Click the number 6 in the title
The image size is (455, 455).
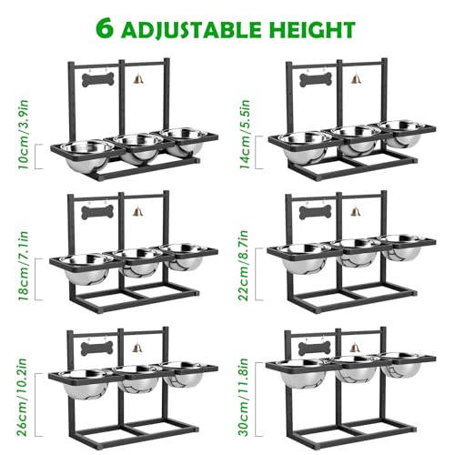click(x=106, y=28)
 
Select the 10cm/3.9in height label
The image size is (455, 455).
click(x=24, y=135)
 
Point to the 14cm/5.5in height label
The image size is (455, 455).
click(x=244, y=134)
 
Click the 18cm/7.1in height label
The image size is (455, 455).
click(x=24, y=266)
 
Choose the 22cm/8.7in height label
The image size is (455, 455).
click(x=244, y=266)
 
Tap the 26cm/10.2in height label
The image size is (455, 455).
click(x=22, y=397)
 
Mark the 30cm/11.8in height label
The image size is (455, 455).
click(x=244, y=397)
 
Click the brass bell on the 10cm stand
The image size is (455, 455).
click(x=137, y=79)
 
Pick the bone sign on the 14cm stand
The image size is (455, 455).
click(x=316, y=80)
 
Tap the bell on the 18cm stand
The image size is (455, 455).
click(x=137, y=211)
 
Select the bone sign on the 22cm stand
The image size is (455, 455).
click(x=316, y=212)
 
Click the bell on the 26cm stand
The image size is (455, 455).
click(x=137, y=347)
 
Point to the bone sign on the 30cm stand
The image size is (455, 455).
click(x=315, y=349)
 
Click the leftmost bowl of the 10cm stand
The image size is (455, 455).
click(x=87, y=154)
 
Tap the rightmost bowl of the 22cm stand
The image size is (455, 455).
click(x=400, y=247)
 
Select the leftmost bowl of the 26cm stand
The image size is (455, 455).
click(x=85, y=384)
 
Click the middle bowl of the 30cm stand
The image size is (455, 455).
click(x=357, y=370)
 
